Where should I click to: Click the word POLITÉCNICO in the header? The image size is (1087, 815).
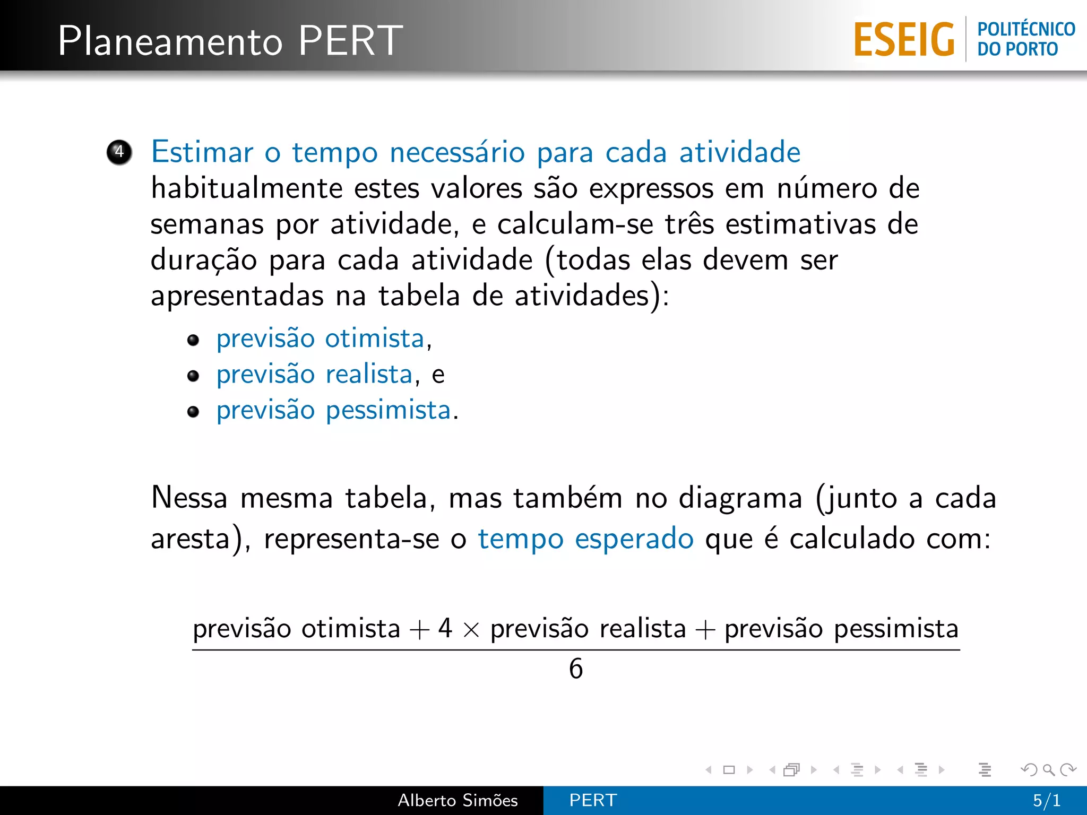1026,29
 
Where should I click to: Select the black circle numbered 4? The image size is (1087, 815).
119,152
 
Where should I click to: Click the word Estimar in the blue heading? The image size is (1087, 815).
202,152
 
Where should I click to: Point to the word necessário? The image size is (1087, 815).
457,152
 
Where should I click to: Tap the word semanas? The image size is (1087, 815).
207,224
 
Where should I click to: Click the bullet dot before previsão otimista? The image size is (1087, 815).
193,340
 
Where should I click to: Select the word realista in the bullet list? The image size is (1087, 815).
369,375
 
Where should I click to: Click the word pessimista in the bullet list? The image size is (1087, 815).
388,411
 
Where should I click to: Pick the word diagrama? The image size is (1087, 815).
740,499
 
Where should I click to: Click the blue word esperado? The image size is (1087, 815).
634,539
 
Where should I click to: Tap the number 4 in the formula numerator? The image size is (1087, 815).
445,628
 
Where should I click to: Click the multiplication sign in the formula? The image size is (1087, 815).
471,630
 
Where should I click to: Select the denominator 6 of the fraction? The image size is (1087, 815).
576,669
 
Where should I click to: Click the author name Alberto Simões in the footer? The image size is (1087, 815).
458,800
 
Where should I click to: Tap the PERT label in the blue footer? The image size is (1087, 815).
593,800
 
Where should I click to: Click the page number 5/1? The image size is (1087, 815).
1046,800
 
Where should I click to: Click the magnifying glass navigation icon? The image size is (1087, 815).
1048,769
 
